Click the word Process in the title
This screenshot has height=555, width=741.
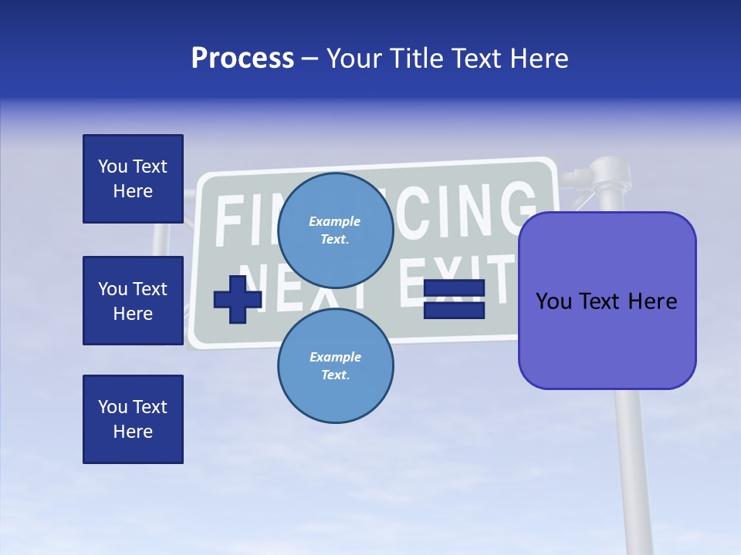242,59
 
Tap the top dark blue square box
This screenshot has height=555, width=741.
133,179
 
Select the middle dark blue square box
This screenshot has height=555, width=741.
133,301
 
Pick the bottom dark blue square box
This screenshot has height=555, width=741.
133,419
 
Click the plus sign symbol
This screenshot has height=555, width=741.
237,299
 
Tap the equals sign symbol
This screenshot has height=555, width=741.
454,299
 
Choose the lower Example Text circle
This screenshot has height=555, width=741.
336,365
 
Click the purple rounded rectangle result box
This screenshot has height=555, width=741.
607,301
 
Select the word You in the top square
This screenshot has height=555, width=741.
113,166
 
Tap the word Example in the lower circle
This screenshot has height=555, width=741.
335,357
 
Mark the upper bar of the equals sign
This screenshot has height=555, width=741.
454,288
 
